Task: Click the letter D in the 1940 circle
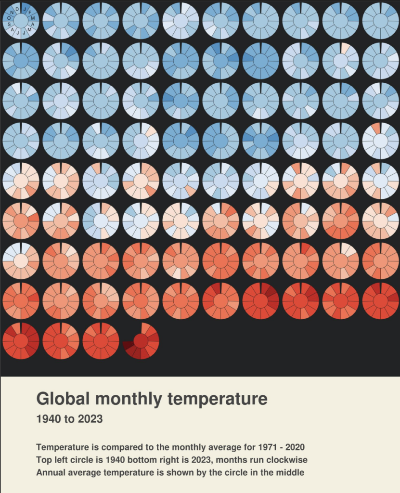tap(17, 9)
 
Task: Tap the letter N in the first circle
tap(12, 13)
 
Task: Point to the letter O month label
tap(8, 18)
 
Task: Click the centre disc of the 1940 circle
tap(21, 21)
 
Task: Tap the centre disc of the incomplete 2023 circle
tap(141, 340)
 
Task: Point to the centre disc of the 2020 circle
tap(21, 340)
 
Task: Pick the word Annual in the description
tap(50, 472)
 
